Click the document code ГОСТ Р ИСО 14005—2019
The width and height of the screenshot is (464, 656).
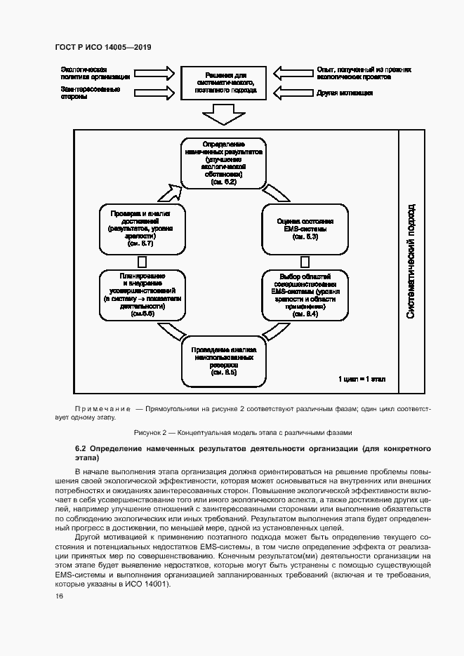point(103,47)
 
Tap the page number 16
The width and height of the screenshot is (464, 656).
point(59,596)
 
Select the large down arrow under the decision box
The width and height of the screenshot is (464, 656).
point(222,113)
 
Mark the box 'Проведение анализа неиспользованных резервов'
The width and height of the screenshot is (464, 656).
point(224,361)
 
